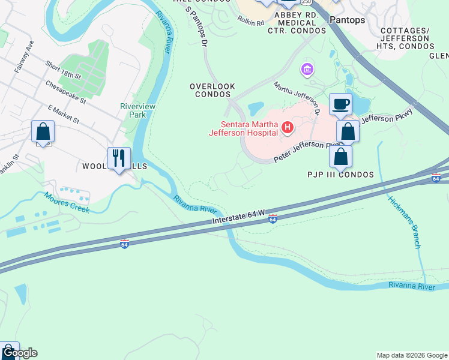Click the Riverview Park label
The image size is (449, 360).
(x=133, y=110)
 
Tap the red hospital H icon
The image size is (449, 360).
(x=288, y=127)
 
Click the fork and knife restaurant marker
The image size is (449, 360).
(x=119, y=158)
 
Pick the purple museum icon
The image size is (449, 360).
(x=308, y=70)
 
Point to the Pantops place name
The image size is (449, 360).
(x=347, y=20)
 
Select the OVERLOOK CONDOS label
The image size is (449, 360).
(x=212, y=91)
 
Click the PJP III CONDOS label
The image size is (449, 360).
(x=341, y=175)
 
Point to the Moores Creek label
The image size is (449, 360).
(x=66, y=202)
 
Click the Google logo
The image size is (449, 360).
(x=19, y=353)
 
